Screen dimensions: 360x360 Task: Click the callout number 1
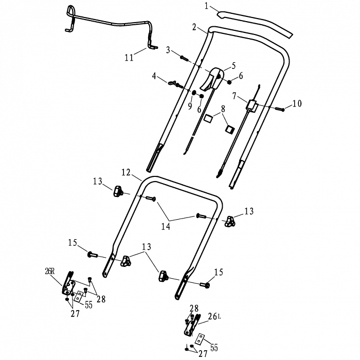tap(206, 6)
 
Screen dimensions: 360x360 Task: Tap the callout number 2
tap(194, 27)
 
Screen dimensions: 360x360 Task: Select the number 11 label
tap(129, 58)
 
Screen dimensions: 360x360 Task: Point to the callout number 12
tap(126, 172)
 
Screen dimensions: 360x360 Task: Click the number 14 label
tap(166, 226)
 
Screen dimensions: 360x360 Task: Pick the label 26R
tap(50, 272)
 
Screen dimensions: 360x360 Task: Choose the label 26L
tap(214, 317)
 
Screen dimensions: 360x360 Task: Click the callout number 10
tap(297, 103)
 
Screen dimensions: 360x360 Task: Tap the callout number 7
tap(234, 96)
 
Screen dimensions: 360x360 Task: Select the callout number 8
tap(223, 109)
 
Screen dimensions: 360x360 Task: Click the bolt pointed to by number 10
tap(280, 109)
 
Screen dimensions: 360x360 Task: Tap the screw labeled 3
tap(185, 58)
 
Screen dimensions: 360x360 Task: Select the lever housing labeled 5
tap(212, 79)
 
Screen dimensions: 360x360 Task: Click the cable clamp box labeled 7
tap(251, 106)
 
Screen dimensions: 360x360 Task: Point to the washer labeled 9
tap(194, 93)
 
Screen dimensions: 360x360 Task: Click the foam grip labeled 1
tap(255, 23)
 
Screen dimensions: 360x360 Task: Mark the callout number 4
tap(154, 76)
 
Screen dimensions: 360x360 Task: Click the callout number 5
tap(233, 66)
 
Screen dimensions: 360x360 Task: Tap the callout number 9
tap(190, 106)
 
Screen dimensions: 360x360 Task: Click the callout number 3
tap(168, 50)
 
